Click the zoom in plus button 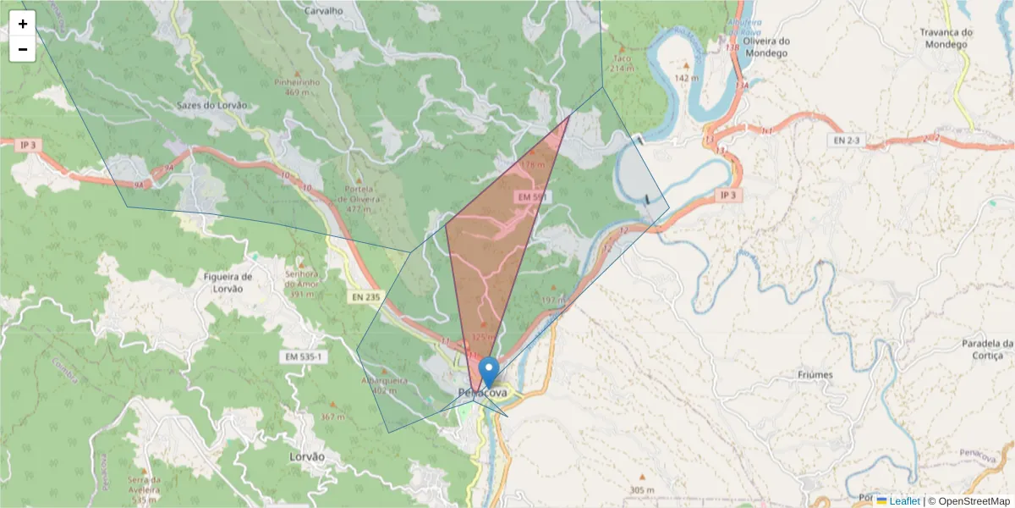click(x=23, y=24)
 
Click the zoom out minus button click(x=23, y=49)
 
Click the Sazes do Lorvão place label click(x=212, y=105)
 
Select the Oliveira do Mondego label click(x=765, y=47)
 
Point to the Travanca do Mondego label click(x=946, y=38)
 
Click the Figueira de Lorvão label click(x=229, y=283)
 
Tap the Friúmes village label click(x=815, y=374)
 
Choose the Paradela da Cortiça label click(x=987, y=349)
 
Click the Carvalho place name click(x=323, y=11)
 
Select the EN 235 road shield click(x=365, y=296)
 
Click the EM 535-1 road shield click(x=302, y=357)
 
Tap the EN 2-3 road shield click(x=847, y=138)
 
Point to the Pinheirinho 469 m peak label click(x=297, y=87)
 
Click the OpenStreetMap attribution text click(x=972, y=501)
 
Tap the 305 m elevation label click(x=642, y=490)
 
